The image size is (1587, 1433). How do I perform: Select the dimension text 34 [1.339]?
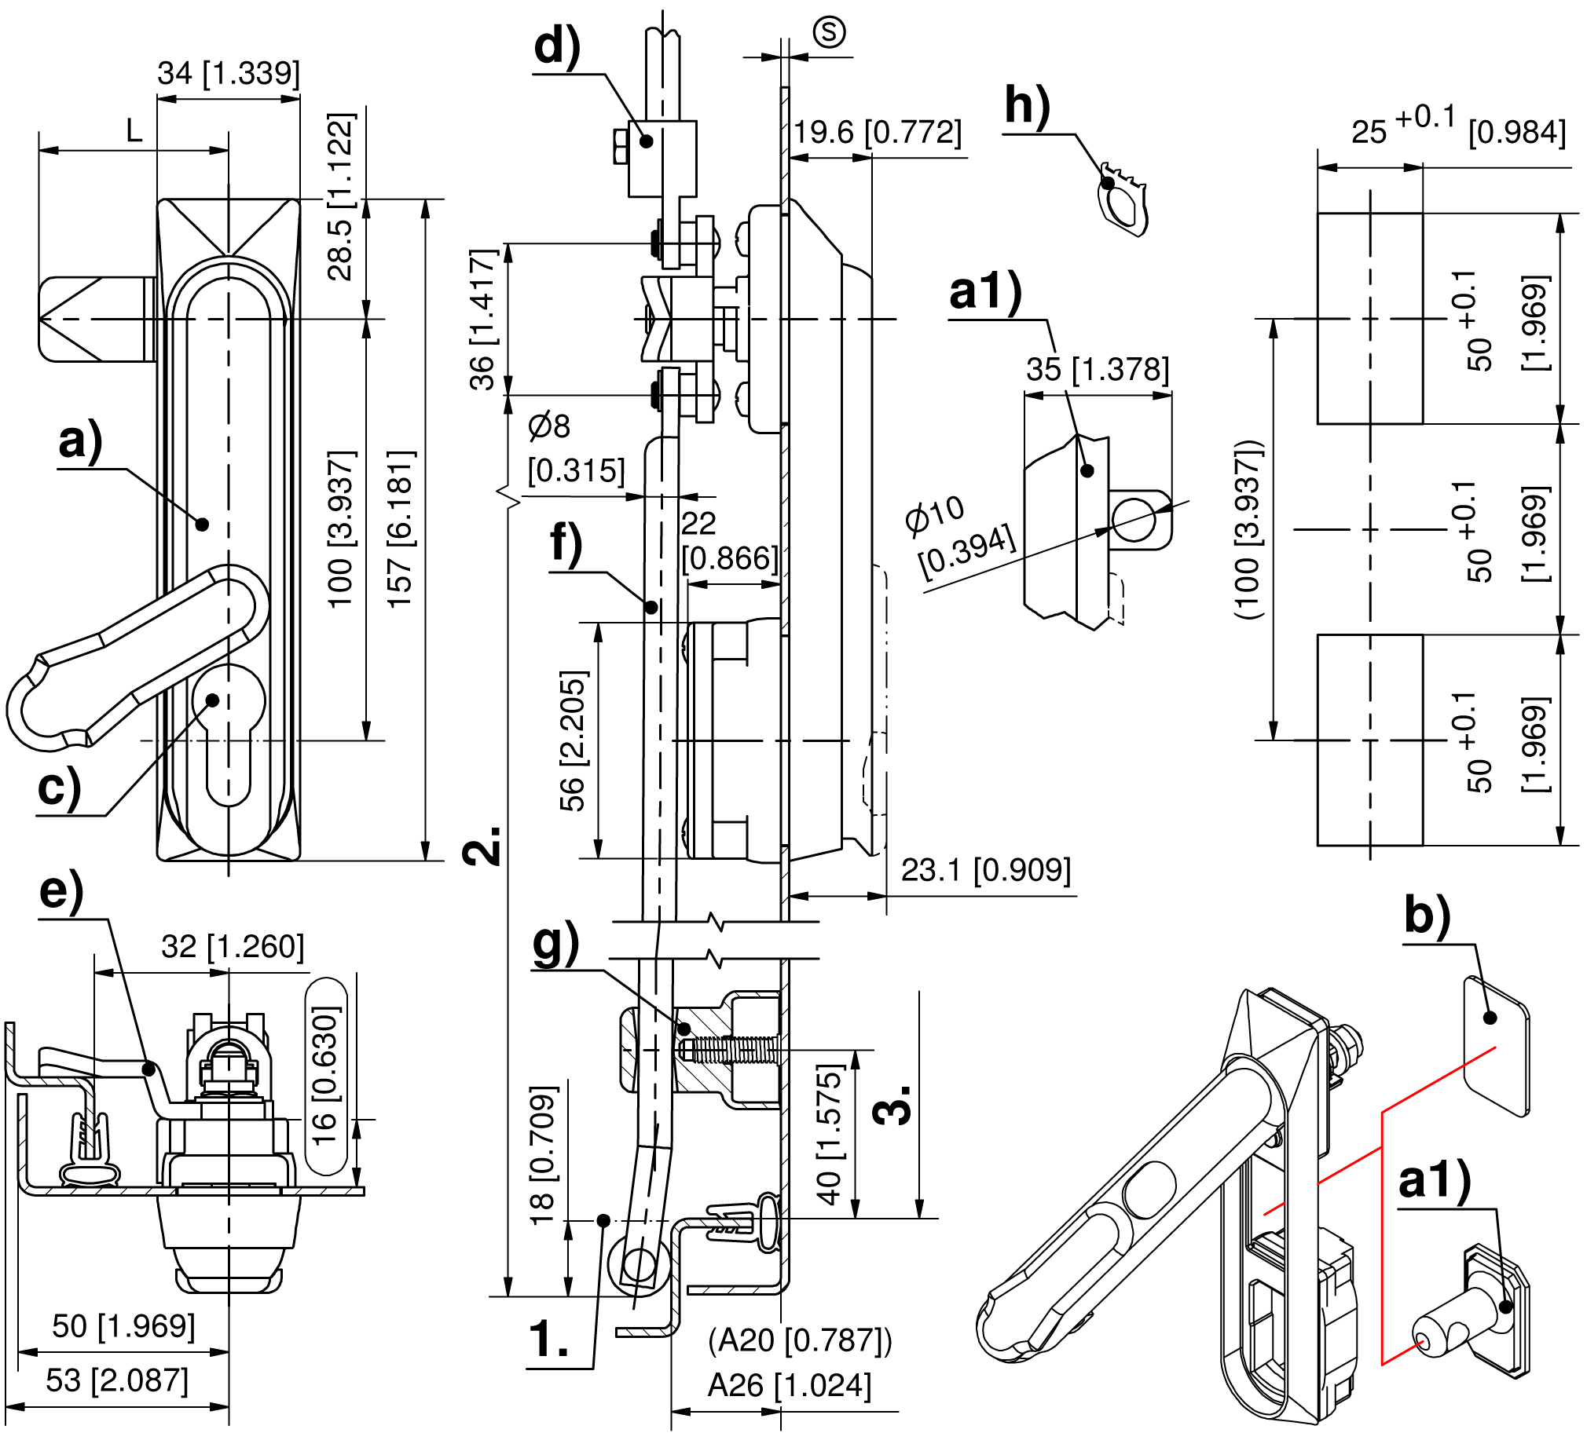229,73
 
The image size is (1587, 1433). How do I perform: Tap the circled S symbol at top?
829,32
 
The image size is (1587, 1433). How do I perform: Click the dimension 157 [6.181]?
400,528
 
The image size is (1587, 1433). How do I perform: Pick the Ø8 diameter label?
549,426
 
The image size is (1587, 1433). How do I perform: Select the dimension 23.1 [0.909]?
985,870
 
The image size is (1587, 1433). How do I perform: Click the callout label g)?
555,945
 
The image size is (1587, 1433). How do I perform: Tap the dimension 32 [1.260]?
233,947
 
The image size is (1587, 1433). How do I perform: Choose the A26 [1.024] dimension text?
789,1386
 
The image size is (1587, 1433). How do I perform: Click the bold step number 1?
548,1338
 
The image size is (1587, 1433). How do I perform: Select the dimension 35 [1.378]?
1098,369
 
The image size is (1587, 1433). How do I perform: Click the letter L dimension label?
134,130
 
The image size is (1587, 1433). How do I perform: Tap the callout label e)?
61,892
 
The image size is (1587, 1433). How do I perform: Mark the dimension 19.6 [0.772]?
877,132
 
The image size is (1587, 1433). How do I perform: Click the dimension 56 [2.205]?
573,740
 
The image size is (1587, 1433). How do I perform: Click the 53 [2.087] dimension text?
116,1380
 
